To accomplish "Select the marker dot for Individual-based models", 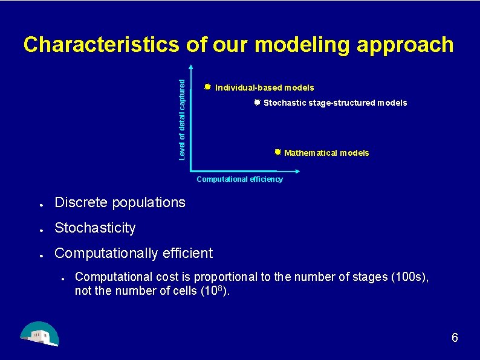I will pyautogui.click(x=207, y=87).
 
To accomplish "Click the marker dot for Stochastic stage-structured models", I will pyautogui.click(x=257, y=102).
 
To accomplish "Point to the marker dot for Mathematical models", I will pyautogui.click(x=277, y=152).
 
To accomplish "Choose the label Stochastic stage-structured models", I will pyautogui.click(x=335, y=103).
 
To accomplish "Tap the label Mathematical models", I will pyautogui.click(x=326, y=153).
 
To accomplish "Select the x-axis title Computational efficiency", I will pyautogui.click(x=239, y=179).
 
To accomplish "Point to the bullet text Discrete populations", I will pyautogui.click(x=120, y=203).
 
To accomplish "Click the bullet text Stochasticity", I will pyautogui.click(x=95, y=228).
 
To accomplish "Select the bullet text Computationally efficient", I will pyautogui.click(x=134, y=253).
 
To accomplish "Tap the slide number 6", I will pyautogui.click(x=455, y=338).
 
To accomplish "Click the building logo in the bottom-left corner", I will pyautogui.click(x=39, y=334).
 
